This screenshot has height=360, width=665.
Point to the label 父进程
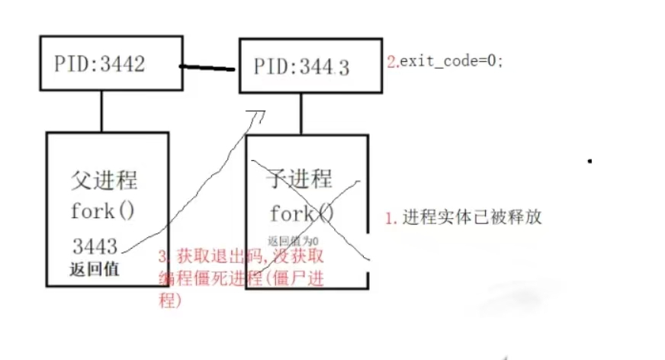coord(104,182)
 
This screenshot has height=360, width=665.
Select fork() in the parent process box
coord(102,211)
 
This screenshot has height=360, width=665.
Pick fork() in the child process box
coord(302,213)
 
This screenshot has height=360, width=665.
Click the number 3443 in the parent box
coord(95,246)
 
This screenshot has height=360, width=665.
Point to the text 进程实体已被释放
coord(471,217)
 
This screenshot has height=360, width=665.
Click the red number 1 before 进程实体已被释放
coord(390,218)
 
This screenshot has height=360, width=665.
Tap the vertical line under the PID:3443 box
coord(302,115)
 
